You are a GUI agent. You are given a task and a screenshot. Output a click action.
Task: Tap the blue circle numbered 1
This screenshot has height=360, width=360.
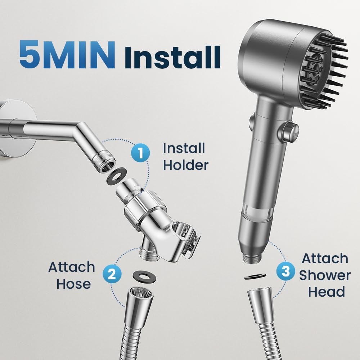coord(140,153)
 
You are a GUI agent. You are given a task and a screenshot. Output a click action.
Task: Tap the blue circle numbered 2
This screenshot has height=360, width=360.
coord(112,274)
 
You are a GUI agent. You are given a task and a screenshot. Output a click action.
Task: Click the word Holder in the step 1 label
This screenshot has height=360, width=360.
coord(185,165)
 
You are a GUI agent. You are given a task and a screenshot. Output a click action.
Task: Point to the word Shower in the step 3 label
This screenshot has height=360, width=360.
coord(325,275)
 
